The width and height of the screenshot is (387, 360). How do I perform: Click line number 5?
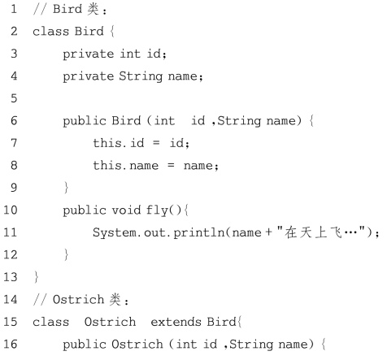coord(14,98)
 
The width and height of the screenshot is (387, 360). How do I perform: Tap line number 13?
coord(11,277)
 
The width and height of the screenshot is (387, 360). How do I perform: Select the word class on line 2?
coord(50,32)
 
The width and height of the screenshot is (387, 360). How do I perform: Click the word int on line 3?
coord(130,54)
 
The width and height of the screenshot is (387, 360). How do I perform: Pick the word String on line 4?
coord(141,76)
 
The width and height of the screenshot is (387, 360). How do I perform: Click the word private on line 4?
coord(89,76)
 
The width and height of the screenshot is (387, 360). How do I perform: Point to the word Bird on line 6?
coord(126,120)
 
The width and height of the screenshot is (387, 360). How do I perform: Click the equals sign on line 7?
coord(156,143)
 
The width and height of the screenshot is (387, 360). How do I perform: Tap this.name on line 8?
coord(126,165)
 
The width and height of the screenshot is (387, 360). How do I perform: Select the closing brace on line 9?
coord(66,188)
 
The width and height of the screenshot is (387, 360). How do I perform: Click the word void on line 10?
coord(126,210)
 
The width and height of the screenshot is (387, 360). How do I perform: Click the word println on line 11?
coord(198,232)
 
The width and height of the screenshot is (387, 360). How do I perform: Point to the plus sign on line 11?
coord(268,232)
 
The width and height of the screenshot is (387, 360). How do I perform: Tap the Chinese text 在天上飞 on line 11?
coord(313,232)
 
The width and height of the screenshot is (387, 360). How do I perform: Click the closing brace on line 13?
coord(37,277)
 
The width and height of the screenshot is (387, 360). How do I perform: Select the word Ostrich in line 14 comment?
coord(78,300)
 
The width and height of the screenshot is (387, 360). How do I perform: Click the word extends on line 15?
coord(176,322)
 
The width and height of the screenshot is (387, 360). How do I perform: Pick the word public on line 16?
coord(85,345)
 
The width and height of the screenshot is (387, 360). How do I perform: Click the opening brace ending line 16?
coord(324,345)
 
